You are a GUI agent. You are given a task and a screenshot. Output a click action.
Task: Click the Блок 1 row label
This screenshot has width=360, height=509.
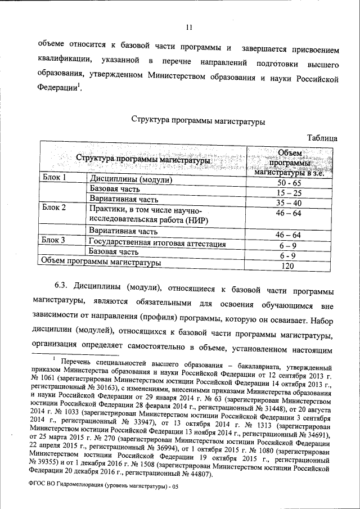[55, 178]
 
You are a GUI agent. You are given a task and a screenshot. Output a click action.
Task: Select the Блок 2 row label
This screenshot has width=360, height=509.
[55, 208]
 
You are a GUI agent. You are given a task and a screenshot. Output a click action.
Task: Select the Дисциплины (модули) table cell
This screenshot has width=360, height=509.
[130, 181]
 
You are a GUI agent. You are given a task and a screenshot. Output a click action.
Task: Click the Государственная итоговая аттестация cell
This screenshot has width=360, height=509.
[157, 244]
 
